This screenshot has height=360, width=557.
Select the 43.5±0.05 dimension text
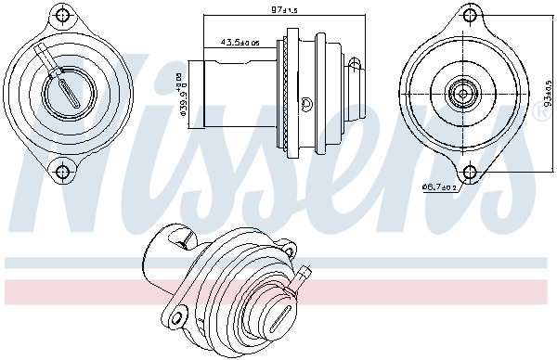click(x=240, y=42)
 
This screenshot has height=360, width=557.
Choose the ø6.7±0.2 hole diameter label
click(x=438, y=187)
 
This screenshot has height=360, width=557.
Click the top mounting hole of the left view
click(x=63, y=15)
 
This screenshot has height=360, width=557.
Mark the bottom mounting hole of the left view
click(x=63, y=171)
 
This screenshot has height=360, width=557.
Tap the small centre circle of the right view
click(x=462, y=94)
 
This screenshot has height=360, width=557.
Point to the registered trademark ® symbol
click(x=541, y=112)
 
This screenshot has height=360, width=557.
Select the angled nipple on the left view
click(x=44, y=51)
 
